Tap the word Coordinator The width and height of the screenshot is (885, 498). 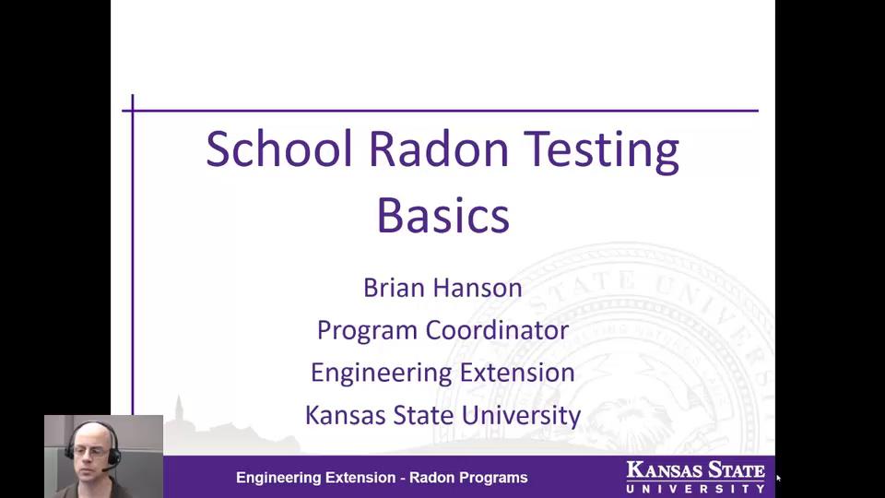click(x=497, y=330)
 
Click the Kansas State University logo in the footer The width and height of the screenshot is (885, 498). click(x=695, y=476)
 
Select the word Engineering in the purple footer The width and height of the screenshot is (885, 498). click(x=278, y=478)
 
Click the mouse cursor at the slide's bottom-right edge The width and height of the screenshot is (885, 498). click(x=778, y=478)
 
